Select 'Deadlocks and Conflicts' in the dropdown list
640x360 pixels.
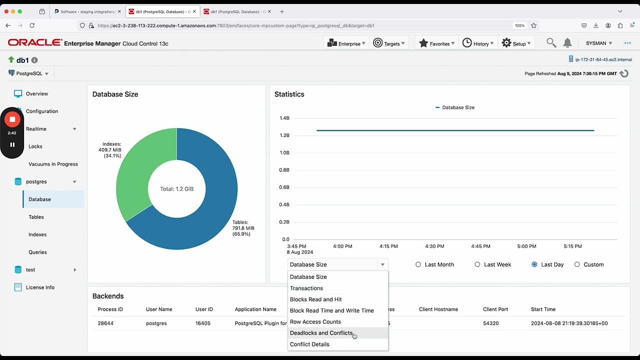point(321,333)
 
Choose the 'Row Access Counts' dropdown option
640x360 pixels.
point(315,322)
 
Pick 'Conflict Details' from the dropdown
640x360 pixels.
point(309,344)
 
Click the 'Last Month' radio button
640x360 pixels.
point(418,264)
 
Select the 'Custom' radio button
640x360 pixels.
point(577,264)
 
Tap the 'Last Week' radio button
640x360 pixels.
point(477,264)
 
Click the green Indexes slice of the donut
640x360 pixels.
point(140,170)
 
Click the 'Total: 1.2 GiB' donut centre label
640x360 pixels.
point(176,189)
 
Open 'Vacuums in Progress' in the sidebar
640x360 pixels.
point(53,164)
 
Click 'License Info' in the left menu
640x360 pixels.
point(40,287)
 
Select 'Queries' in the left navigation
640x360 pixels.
point(37,252)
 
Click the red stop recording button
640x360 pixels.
point(12,119)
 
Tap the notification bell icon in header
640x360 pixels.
point(567,43)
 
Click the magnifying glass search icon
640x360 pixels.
point(551,43)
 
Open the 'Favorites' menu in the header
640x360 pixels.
point(436,43)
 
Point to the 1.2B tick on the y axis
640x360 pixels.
point(284,135)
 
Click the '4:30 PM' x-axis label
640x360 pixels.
point(434,246)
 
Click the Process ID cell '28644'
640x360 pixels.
point(105,323)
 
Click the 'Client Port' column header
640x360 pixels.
point(495,309)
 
